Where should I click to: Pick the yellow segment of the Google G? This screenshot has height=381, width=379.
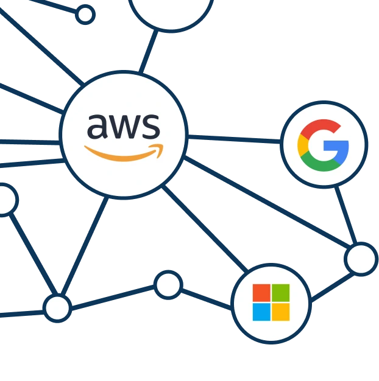(302, 146)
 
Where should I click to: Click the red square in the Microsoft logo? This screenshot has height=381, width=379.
(261, 293)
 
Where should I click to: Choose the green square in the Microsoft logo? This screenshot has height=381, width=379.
(281, 293)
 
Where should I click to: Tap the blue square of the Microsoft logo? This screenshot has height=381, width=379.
(261, 312)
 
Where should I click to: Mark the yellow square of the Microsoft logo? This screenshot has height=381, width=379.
(281, 312)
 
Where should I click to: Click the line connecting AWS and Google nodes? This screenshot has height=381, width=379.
(235, 140)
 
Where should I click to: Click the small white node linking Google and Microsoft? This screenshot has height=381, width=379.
(361, 259)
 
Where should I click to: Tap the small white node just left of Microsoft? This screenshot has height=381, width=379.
(168, 284)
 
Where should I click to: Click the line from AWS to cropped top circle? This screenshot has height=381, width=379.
(147, 53)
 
